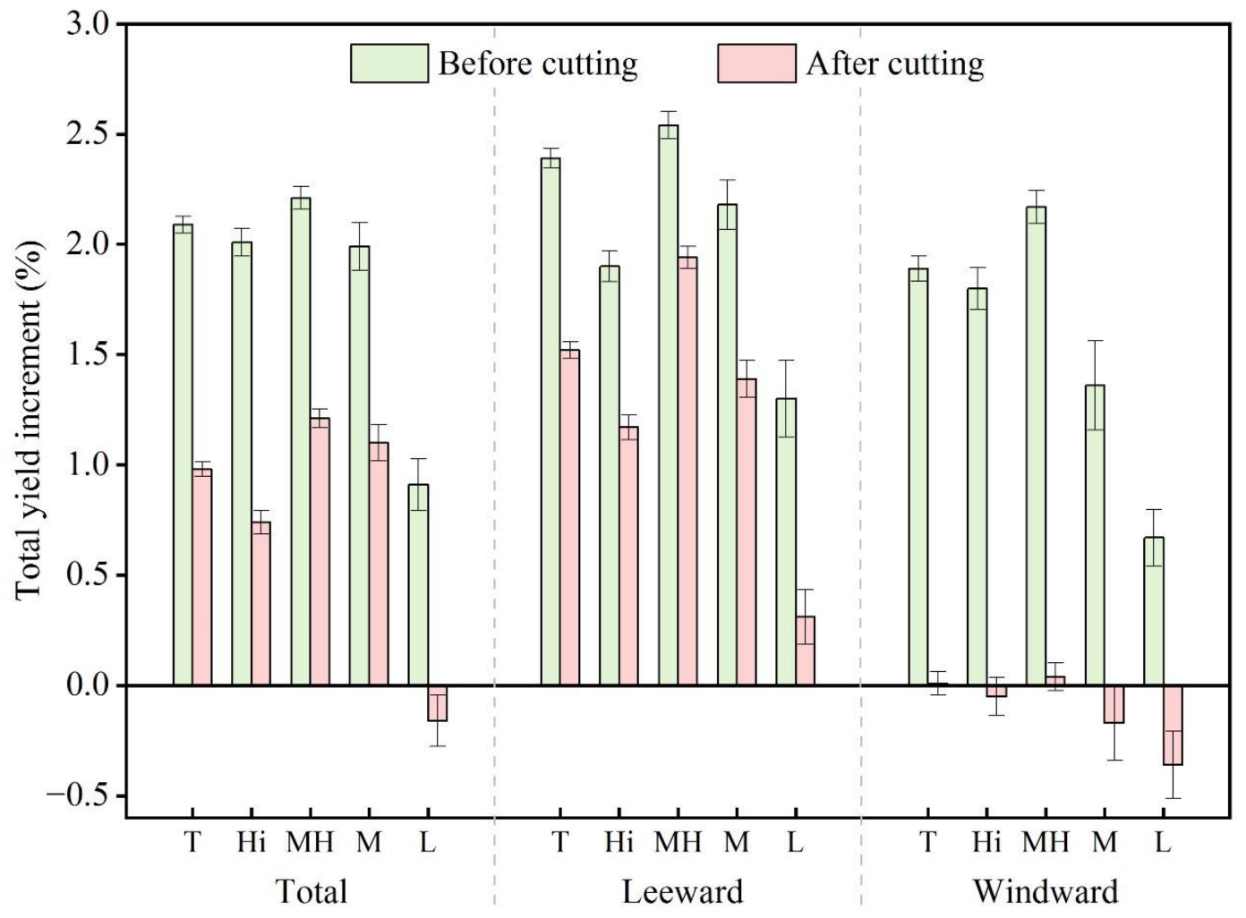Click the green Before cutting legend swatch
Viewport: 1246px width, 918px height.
coord(388,64)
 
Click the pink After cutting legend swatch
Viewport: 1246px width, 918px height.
coord(756,64)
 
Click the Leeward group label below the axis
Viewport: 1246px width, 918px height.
coord(682,891)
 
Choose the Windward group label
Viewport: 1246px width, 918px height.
coord(1045,891)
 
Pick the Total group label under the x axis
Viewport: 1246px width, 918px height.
coord(311,891)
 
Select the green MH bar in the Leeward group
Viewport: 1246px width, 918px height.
coord(668,403)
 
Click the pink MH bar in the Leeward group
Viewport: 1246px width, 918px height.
coord(687,471)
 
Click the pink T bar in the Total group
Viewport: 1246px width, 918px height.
coord(202,577)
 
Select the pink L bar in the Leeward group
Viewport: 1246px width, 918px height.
coord(805,650)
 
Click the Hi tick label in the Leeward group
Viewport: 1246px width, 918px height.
coord(619,842)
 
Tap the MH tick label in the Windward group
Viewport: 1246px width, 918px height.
coord(1045,842)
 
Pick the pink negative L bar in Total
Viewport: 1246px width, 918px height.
coord(437,703)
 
